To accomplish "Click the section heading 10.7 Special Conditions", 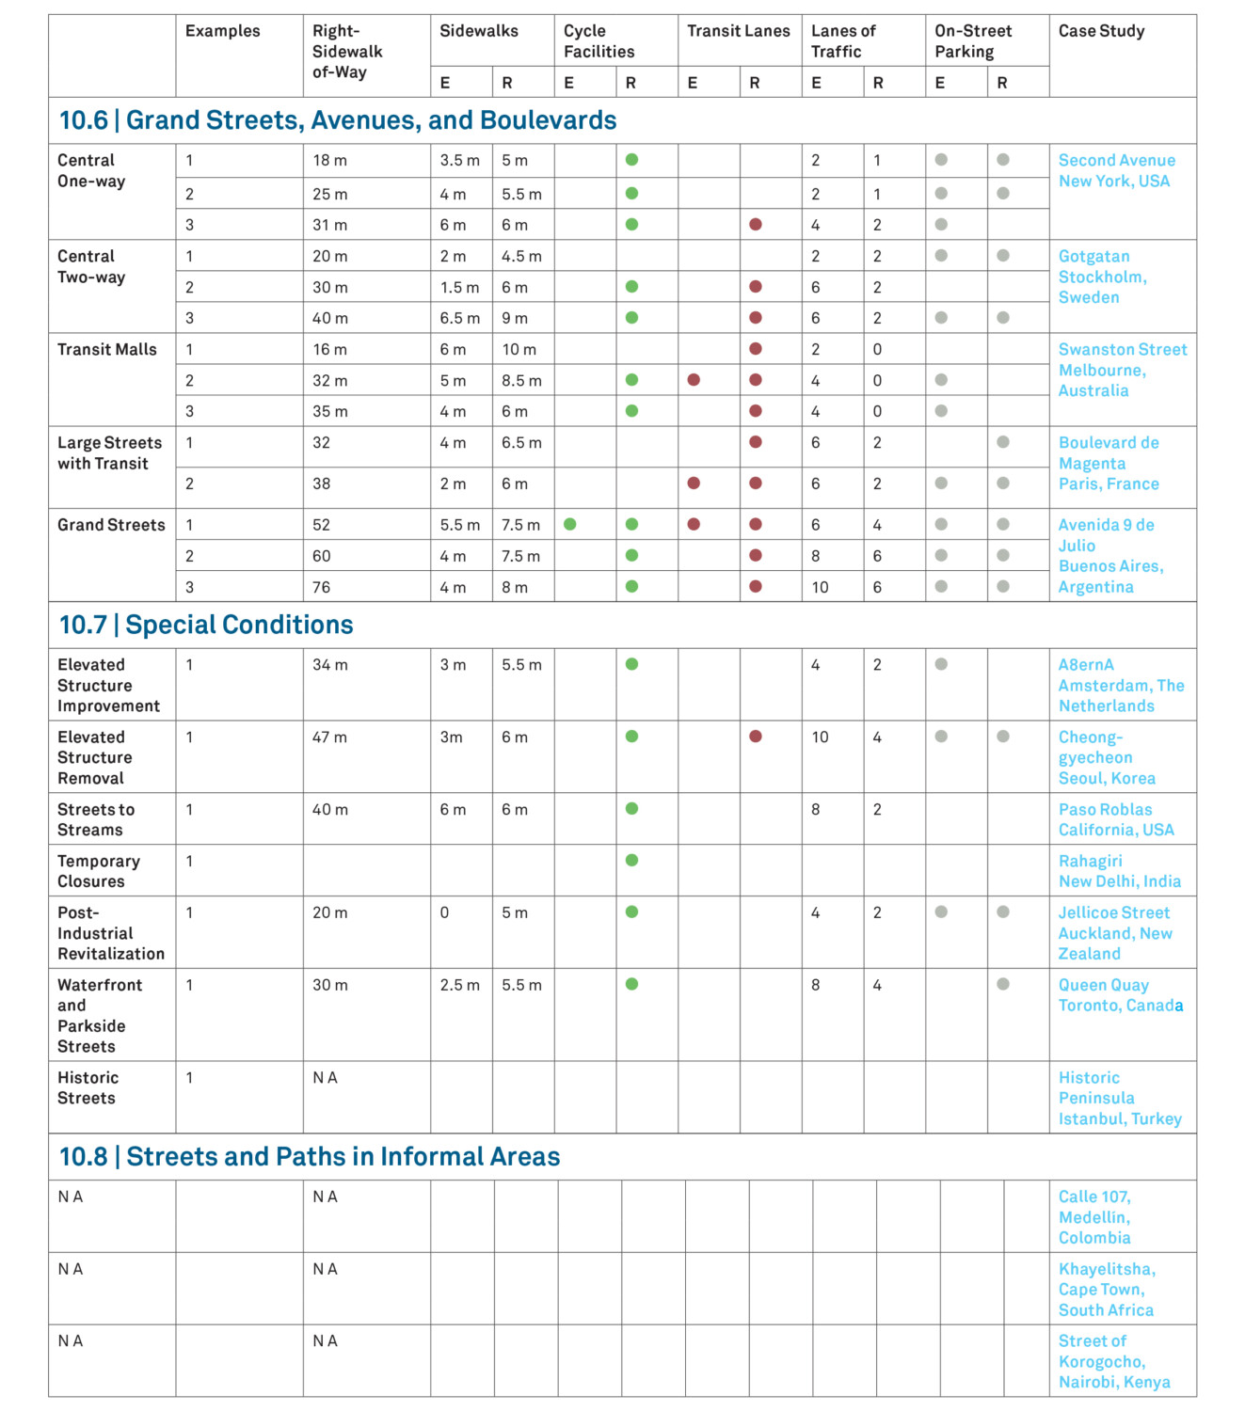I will pos(206,626).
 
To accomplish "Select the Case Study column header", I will pos(1101,31).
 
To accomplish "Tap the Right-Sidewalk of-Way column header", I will pos(347,52).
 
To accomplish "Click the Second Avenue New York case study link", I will pos(1116,171).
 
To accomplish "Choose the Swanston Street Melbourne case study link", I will pos(1122,370).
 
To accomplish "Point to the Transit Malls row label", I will pos(107,350).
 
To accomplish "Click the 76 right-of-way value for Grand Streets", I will pos(322,588).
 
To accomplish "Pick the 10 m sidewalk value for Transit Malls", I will pos(519,350).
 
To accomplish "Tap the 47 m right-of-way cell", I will pos(329,737).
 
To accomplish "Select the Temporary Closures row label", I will pos(99,871).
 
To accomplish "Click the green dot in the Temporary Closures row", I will pos(631,861).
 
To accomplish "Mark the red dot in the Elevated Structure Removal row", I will pos(756,737).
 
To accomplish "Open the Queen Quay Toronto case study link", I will pos(1120,995).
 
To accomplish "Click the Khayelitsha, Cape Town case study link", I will pos(1107,1290).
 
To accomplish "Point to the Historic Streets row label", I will pos(88,1088).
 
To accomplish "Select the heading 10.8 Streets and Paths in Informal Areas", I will pos(310,1157).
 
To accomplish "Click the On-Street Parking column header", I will pos(973,41).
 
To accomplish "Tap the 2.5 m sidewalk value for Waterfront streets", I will pos(459,986).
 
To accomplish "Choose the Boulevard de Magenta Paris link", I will pos(1109,464).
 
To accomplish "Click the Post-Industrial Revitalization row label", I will pos(110,933).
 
